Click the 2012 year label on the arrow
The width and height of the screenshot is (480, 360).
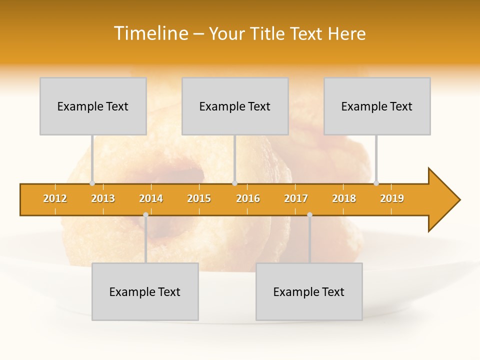(55, 198)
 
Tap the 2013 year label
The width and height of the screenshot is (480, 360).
(103, 198)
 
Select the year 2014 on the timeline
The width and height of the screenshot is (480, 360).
(151, 198)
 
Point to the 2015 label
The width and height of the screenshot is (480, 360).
(199, 198)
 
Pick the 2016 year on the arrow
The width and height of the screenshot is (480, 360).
(248, 198)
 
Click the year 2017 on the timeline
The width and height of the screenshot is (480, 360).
(296, 198)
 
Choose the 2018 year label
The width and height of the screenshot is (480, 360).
(344, 198)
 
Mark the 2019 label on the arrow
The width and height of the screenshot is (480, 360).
(392, 198)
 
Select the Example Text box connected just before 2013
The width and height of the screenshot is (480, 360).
(93, 106)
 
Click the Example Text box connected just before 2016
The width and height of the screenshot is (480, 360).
(235, 106)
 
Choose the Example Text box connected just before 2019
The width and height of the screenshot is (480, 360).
(377, 106)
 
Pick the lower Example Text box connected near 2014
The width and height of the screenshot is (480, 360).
(145, 291)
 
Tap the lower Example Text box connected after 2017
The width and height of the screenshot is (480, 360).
(309, 291)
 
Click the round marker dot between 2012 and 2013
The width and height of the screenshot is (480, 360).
(92, 183)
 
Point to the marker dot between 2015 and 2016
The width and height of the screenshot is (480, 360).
(234, 183)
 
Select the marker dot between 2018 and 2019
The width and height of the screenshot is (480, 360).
(376, 183)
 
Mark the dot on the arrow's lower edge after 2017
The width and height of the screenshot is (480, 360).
(309, 214)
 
